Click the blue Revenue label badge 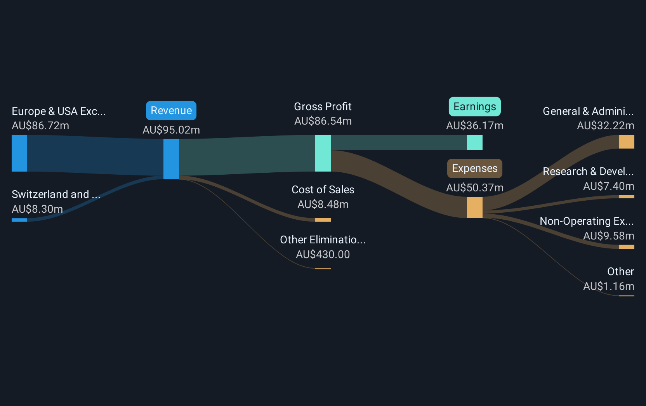pos(171,111)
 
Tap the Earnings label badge pos(474,107)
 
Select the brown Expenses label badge pos(474,168)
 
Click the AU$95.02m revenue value pos(171,130)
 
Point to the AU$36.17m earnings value pos(474,126)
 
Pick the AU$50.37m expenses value pos(474,188)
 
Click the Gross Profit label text pos(323,107)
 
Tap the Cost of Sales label pos(323,190)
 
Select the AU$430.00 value pos(323,255)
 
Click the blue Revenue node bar pos(171,159)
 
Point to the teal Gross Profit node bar pos(323,153)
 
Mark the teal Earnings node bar pos(474,142)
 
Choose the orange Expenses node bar pos(474,207)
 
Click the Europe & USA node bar pos(19,153)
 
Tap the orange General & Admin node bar pos(626,142)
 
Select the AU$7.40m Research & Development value pos(608,186)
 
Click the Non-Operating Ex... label pos(587,221)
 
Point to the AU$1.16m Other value pos(608,286)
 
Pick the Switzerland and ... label pos(56,194)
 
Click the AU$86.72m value pos(40,126)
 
